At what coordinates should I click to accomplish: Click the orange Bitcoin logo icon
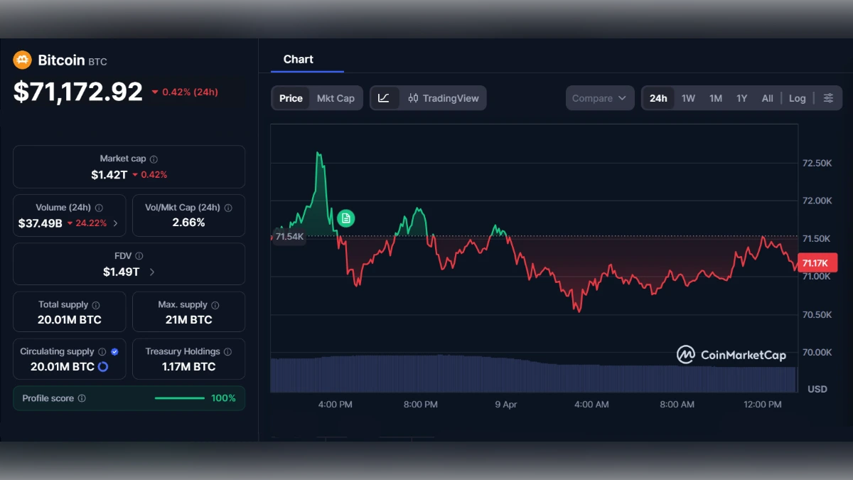22,60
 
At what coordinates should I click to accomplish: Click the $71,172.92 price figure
78,92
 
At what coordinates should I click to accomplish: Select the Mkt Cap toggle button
336,98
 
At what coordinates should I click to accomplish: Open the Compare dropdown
599,98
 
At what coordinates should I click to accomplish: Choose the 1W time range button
688,98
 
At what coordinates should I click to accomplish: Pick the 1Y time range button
741,98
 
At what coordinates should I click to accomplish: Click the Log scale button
797,98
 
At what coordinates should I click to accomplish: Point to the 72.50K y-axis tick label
817,163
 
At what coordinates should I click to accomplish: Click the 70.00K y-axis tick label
817,352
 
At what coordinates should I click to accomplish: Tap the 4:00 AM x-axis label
591,405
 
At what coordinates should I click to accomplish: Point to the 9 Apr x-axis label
506,405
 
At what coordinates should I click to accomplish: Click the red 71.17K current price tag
817,263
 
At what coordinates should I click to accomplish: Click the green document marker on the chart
345,218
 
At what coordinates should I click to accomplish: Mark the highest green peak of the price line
318,152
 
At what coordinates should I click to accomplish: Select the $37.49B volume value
41,223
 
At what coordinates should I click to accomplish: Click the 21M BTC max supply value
188,320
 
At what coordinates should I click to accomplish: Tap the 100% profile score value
223,398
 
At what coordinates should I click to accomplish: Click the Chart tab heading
299,60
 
